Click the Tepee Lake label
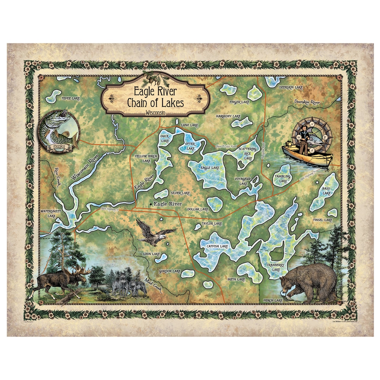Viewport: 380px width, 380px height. click(x=71, y=98)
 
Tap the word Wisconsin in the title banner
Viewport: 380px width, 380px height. click(x=155, y=113)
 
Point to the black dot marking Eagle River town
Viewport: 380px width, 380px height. click(x=151, y=204)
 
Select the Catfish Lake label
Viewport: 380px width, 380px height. click(x=217, y=247)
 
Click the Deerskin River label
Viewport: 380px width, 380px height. click(x=307, y=102)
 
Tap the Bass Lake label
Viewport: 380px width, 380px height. click(x=327, y=191)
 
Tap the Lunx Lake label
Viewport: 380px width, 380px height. click(x=189, y=125)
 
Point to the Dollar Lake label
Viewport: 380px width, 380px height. click(x=198, y=209)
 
